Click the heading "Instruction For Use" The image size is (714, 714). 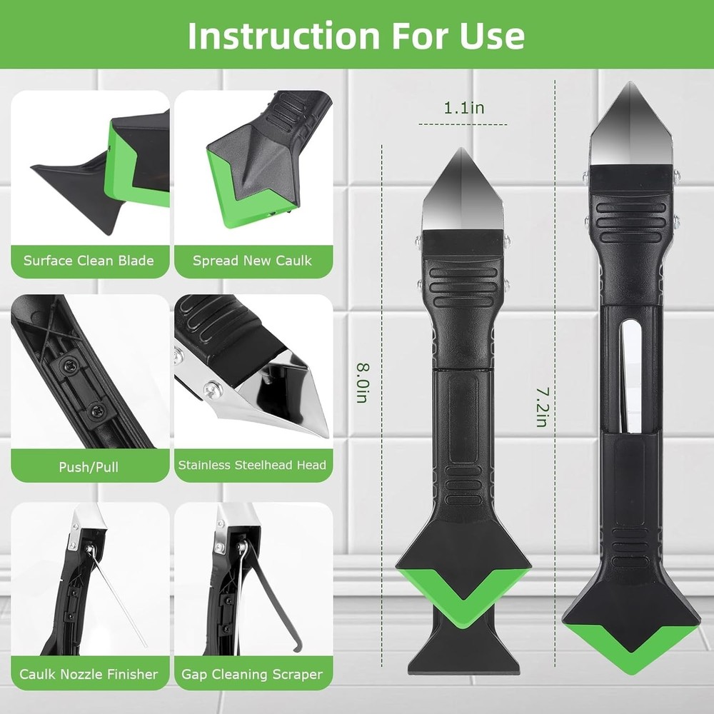coord(356,35)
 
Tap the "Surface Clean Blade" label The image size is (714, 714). coord(89,261)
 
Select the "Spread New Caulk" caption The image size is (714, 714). coord(252,261)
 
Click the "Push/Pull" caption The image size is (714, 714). coord(89,467)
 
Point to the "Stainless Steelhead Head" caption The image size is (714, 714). coord(252,465)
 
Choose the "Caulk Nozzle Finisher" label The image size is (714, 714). coord(89,674)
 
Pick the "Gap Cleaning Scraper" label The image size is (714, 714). coord(252,674)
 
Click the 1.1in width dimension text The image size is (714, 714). coord(464,108)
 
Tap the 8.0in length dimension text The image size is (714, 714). coord(363,383)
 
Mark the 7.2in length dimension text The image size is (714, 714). coord(542,407)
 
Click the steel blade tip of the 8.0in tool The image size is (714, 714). coord(461,149)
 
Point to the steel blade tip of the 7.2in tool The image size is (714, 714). coord(630,84)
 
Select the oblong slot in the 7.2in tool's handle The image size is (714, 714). coord(630,376)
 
